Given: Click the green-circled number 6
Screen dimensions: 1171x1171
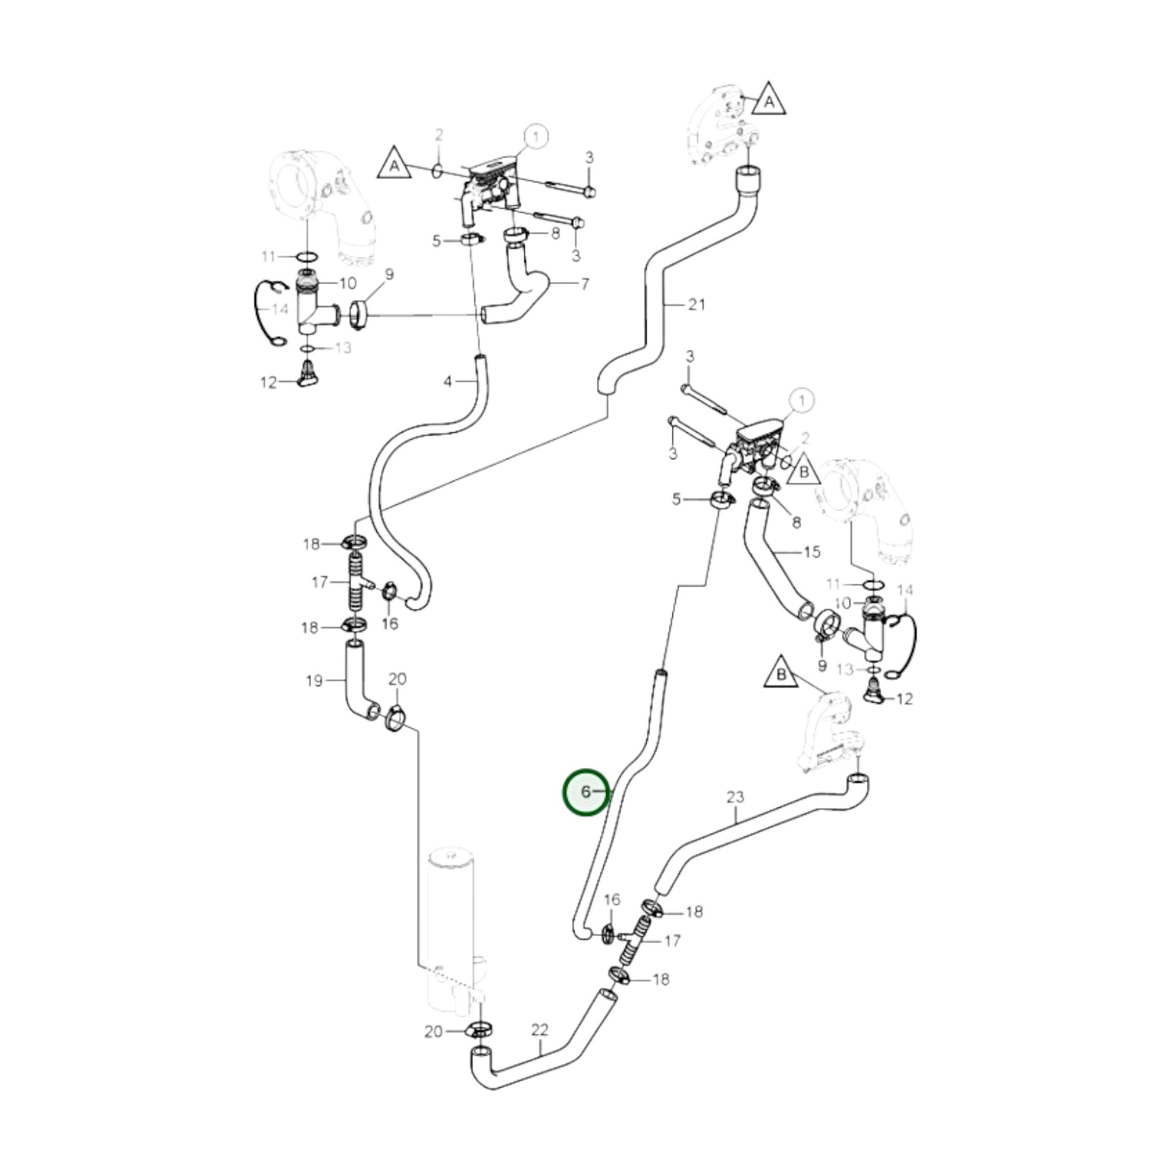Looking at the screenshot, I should click(585, 791).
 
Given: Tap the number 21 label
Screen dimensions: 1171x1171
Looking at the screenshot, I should click(696, 304).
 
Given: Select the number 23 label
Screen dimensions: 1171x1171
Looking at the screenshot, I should click(735, 797).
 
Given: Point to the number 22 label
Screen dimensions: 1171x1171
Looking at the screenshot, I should click(539, 1029).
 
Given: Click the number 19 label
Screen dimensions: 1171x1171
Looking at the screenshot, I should click(314, 681).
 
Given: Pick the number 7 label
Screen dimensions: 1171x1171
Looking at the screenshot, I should click(584, 283).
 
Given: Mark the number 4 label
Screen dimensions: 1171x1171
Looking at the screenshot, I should click(447, 382).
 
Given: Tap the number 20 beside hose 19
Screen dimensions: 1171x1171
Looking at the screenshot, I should click(397, 679).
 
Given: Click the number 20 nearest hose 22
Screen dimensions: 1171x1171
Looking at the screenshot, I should click(433, 1031).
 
